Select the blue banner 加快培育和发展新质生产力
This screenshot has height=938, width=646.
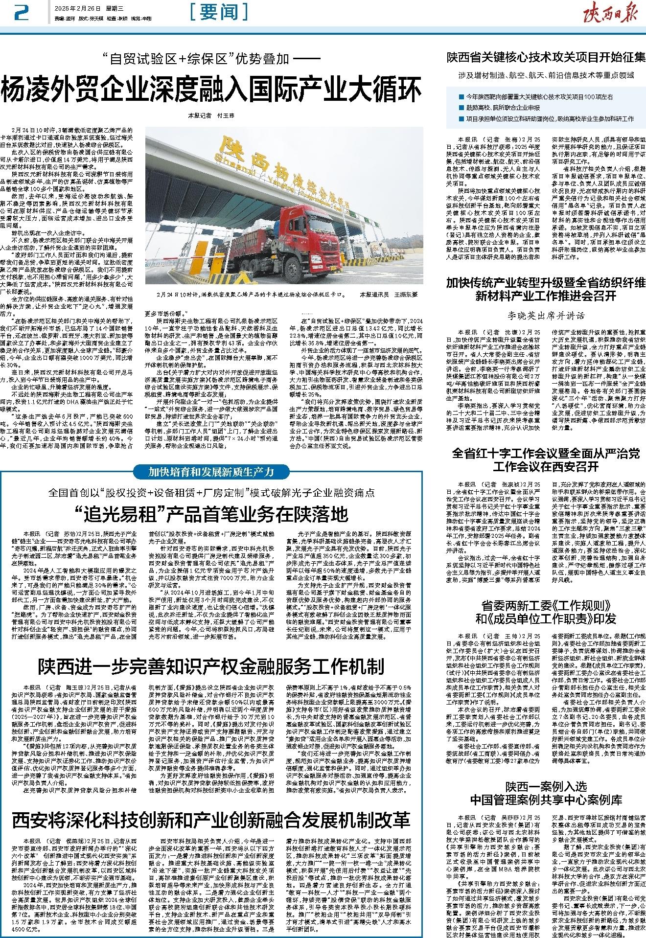[211, 472]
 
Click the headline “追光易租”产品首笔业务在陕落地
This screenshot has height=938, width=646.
[211, 514]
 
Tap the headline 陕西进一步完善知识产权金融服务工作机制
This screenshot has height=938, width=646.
[211, 666]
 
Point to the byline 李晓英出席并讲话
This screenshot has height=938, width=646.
[545, 316]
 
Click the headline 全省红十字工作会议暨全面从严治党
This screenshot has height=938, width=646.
[545, 454]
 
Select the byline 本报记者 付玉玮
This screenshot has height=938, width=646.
[211, 116]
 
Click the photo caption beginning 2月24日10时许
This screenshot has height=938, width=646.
[250, 295]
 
